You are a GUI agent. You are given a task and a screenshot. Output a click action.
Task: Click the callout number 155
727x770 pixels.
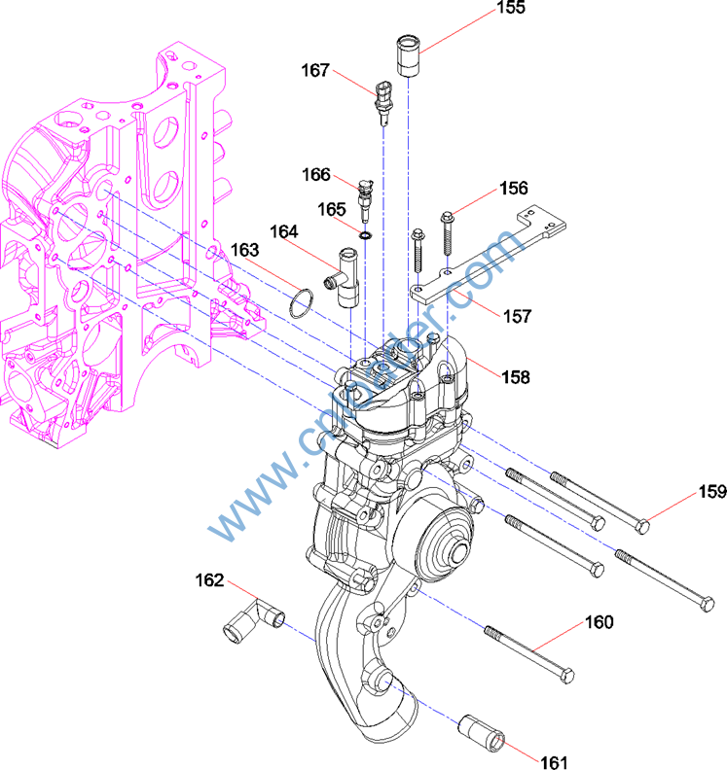click(510, 8)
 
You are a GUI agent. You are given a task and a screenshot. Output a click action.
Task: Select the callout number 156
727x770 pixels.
click(513, 189)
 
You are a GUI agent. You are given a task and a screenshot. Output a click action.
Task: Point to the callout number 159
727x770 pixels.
click(711, 493)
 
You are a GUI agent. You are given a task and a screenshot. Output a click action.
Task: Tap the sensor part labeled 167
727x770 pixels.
click(381, 101)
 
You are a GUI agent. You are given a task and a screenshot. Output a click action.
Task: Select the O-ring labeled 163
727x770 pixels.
click(304, 302)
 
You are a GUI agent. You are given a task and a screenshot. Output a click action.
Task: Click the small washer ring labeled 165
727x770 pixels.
click(365, 234)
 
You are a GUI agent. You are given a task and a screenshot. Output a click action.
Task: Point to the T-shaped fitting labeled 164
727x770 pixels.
click(345, 280)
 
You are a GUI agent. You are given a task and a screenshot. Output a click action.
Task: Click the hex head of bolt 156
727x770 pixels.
click(447, 215)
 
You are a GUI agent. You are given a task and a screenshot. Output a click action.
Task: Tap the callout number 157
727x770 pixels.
click(517, 316)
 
